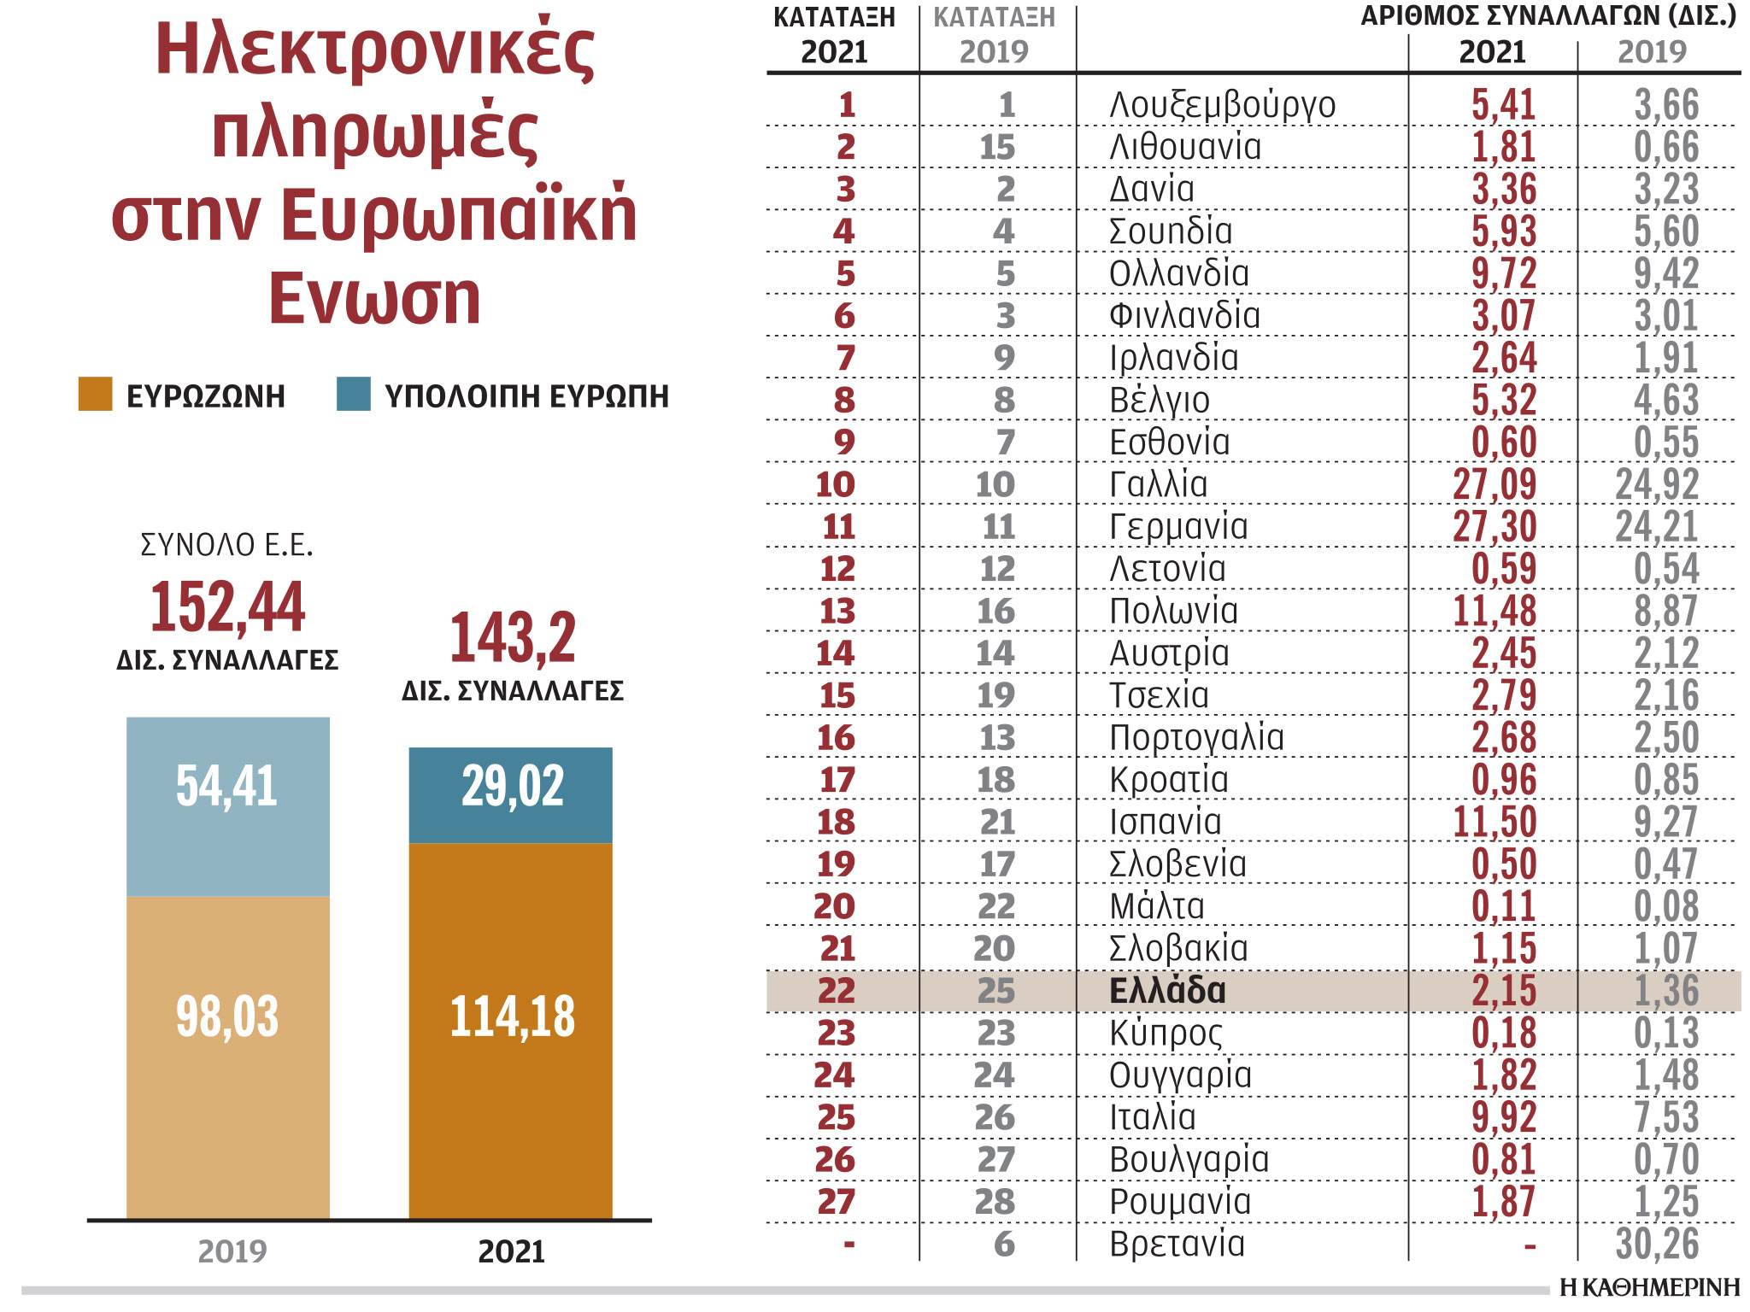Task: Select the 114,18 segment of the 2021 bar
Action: click(511, 1029)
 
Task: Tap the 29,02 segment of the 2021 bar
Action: click(511, 794)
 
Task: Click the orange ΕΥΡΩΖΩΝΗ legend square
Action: click(95, 394)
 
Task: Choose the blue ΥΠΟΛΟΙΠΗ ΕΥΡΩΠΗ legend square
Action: click(353, 394)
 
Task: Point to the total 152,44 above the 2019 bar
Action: click(227, 606)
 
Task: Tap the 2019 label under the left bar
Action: click(232, 1251)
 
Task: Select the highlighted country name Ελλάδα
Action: click(1167, 991)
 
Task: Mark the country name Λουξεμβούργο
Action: click(1222, 105)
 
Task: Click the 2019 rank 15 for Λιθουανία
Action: click(996, 147)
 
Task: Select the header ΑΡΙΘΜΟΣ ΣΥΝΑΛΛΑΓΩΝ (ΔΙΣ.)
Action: click(1547, 16)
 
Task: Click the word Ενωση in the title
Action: click(374, 298)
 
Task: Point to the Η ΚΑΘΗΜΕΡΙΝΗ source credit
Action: click(1648, 1286)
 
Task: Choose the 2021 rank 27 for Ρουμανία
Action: click(836, 1202)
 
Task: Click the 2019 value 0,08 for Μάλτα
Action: click(1665, 906)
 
